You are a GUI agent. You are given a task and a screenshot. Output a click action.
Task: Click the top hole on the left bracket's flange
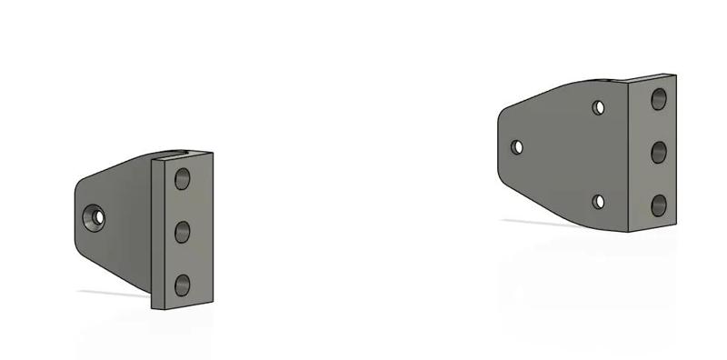point(184,178)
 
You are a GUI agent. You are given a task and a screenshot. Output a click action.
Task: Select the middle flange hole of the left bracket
point(183,232)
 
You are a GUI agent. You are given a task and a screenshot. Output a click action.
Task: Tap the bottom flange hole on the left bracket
point(183,285)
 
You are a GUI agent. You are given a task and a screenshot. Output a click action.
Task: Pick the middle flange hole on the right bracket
point(661,151)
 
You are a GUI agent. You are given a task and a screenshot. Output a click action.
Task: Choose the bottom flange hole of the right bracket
point(660,205)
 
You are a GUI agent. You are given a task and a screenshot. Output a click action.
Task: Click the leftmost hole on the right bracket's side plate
point(517,146)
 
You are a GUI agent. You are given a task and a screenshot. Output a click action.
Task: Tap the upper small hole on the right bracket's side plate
point(598,107)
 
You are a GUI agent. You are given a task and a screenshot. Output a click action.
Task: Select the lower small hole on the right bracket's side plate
point(598,202)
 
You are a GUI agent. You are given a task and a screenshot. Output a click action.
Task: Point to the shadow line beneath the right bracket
point(536,221)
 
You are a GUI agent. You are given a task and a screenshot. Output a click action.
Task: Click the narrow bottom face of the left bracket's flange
point(182,308)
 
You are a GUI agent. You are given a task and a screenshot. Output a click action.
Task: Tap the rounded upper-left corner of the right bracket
point(507,109)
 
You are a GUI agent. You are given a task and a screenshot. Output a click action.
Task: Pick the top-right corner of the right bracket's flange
point(675,75)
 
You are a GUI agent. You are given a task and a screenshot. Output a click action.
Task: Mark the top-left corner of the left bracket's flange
point(153,159)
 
